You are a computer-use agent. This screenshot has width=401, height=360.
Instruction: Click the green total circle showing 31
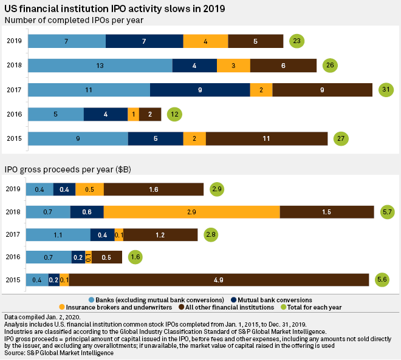(385, 90)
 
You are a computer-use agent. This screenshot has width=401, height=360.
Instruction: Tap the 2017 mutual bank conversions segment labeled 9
(200, 90)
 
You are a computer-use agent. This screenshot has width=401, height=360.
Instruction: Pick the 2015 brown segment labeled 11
(267, 138)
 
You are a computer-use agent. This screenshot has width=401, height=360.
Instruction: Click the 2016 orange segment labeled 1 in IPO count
(133, 114)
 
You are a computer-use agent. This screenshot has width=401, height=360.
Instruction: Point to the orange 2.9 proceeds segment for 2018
(191, 211)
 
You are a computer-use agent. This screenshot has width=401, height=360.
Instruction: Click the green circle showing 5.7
(387, 211)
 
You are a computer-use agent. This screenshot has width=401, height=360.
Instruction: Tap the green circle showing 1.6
(135, 257)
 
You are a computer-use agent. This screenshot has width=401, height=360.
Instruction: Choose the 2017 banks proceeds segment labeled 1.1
(58, 234)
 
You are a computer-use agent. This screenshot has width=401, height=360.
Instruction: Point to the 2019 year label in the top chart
(15, 41)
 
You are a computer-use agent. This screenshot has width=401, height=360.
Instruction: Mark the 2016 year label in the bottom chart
(15, 257)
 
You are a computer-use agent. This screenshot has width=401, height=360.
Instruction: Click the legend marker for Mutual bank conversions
(235, 299)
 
